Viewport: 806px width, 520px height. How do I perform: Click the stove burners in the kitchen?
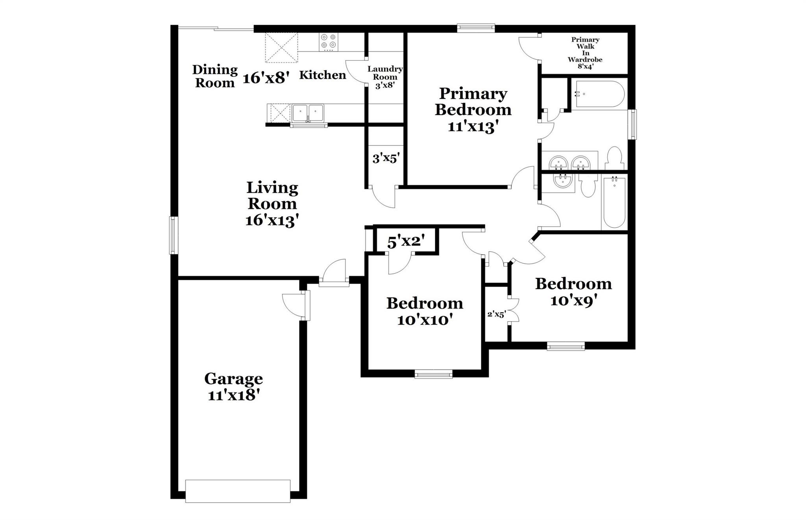(x=329, y=41)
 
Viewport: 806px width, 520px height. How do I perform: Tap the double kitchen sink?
(x=307, y=113)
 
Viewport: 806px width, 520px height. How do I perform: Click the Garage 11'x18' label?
(x=234, y=387)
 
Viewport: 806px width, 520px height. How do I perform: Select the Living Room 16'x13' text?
(x=272, y=204)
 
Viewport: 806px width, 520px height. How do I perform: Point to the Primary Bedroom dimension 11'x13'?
(x=473, y=127)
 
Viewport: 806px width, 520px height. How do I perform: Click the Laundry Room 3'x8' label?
(x=385, y=77)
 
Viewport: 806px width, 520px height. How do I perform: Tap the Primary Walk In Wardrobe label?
(x=585, y=53)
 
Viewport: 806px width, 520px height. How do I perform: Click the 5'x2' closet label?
(x=406, y=242)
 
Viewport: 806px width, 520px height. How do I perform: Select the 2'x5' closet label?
(x=496, y=314)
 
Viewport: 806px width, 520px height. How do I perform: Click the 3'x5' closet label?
(x=386, y=158)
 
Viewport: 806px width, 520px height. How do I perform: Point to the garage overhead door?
(x=238, y=490)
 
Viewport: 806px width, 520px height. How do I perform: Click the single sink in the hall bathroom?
(x=563, y=181)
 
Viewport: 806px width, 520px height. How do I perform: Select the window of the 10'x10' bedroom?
(x=433, y=374)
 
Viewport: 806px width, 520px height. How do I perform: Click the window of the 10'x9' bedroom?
(x=566, y=346)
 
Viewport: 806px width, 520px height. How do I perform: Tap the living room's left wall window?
(x=174, y=235)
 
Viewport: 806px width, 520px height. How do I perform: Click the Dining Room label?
(x=215, y=76)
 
